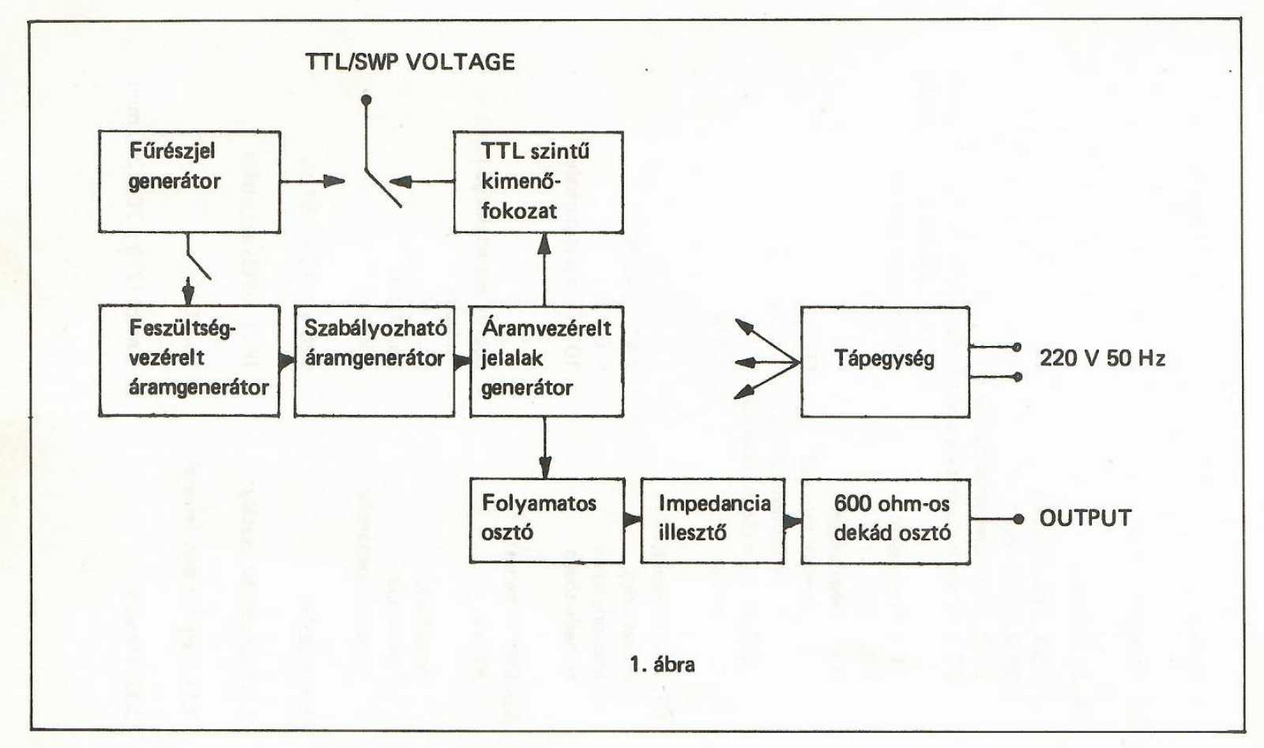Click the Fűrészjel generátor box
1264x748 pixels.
pyautogui.click(x=190, y=182)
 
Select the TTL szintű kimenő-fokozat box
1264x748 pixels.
pyautogui.click(x=538, y=182)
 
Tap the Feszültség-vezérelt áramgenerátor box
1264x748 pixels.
pyautogui.click(x=190, y=360)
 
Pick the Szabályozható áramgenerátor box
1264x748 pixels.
pyautogui.click(x=374, y=360)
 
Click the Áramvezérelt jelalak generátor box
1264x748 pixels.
pyautogui.click(x=546, y=360)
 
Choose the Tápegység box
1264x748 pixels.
pyautogui.click(x=885, y=361)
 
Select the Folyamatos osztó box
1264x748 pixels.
pyautogui.click(x=547, y=520)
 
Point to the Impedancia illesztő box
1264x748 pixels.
pyautogui.click(x=713, y=520)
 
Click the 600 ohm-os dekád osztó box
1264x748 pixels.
pyautogui.click(x=886, y=521)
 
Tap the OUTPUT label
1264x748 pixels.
pyautogui.click(x=1085, y=518)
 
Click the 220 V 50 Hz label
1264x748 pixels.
pyautogui.click(x=1102, y=359)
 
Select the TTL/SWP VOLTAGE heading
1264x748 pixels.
pyautogui.click(x=410, y=62)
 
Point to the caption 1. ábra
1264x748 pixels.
pyautogui.click(x=662, y=664)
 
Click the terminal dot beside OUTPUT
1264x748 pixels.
pyautogui.click(x=1018, y=519)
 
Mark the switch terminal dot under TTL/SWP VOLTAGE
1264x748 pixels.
pyautogui.click(x=366, y=100)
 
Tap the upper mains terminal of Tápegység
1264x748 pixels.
pyautogui.click(x=1018, y=347)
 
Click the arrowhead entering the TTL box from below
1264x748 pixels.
pyautogui.click(x=544, y=243)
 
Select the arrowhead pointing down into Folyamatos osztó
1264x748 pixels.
pyautogui.click(x=545, y=467)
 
